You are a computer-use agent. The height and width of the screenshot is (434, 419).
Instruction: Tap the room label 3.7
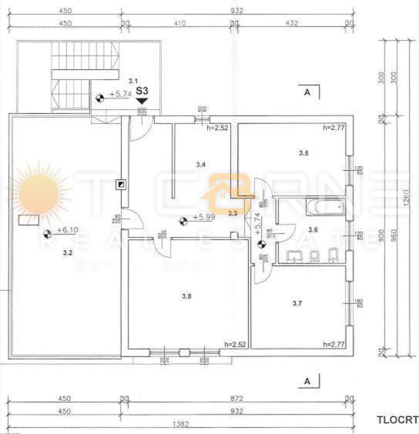(297, 304)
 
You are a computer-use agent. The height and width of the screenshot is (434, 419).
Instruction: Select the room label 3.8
(186, 295)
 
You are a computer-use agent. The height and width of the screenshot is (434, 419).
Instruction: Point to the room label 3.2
(68, 252)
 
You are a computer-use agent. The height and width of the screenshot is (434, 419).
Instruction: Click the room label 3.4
(200, 164)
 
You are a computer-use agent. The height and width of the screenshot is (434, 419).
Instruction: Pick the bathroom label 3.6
(313, 229)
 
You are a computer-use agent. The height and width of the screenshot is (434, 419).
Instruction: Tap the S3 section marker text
(142, 90)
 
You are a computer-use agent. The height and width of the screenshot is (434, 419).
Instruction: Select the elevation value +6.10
(68, 230)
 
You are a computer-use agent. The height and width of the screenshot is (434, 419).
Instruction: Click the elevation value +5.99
(203, 217)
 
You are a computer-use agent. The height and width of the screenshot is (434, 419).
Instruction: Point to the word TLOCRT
(397, 419)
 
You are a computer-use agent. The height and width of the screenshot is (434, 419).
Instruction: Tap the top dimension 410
(179, 23)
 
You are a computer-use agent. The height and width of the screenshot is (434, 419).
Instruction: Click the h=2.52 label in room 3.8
(234, 344)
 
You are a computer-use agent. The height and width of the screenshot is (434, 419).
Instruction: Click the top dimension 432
(293, 23)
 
